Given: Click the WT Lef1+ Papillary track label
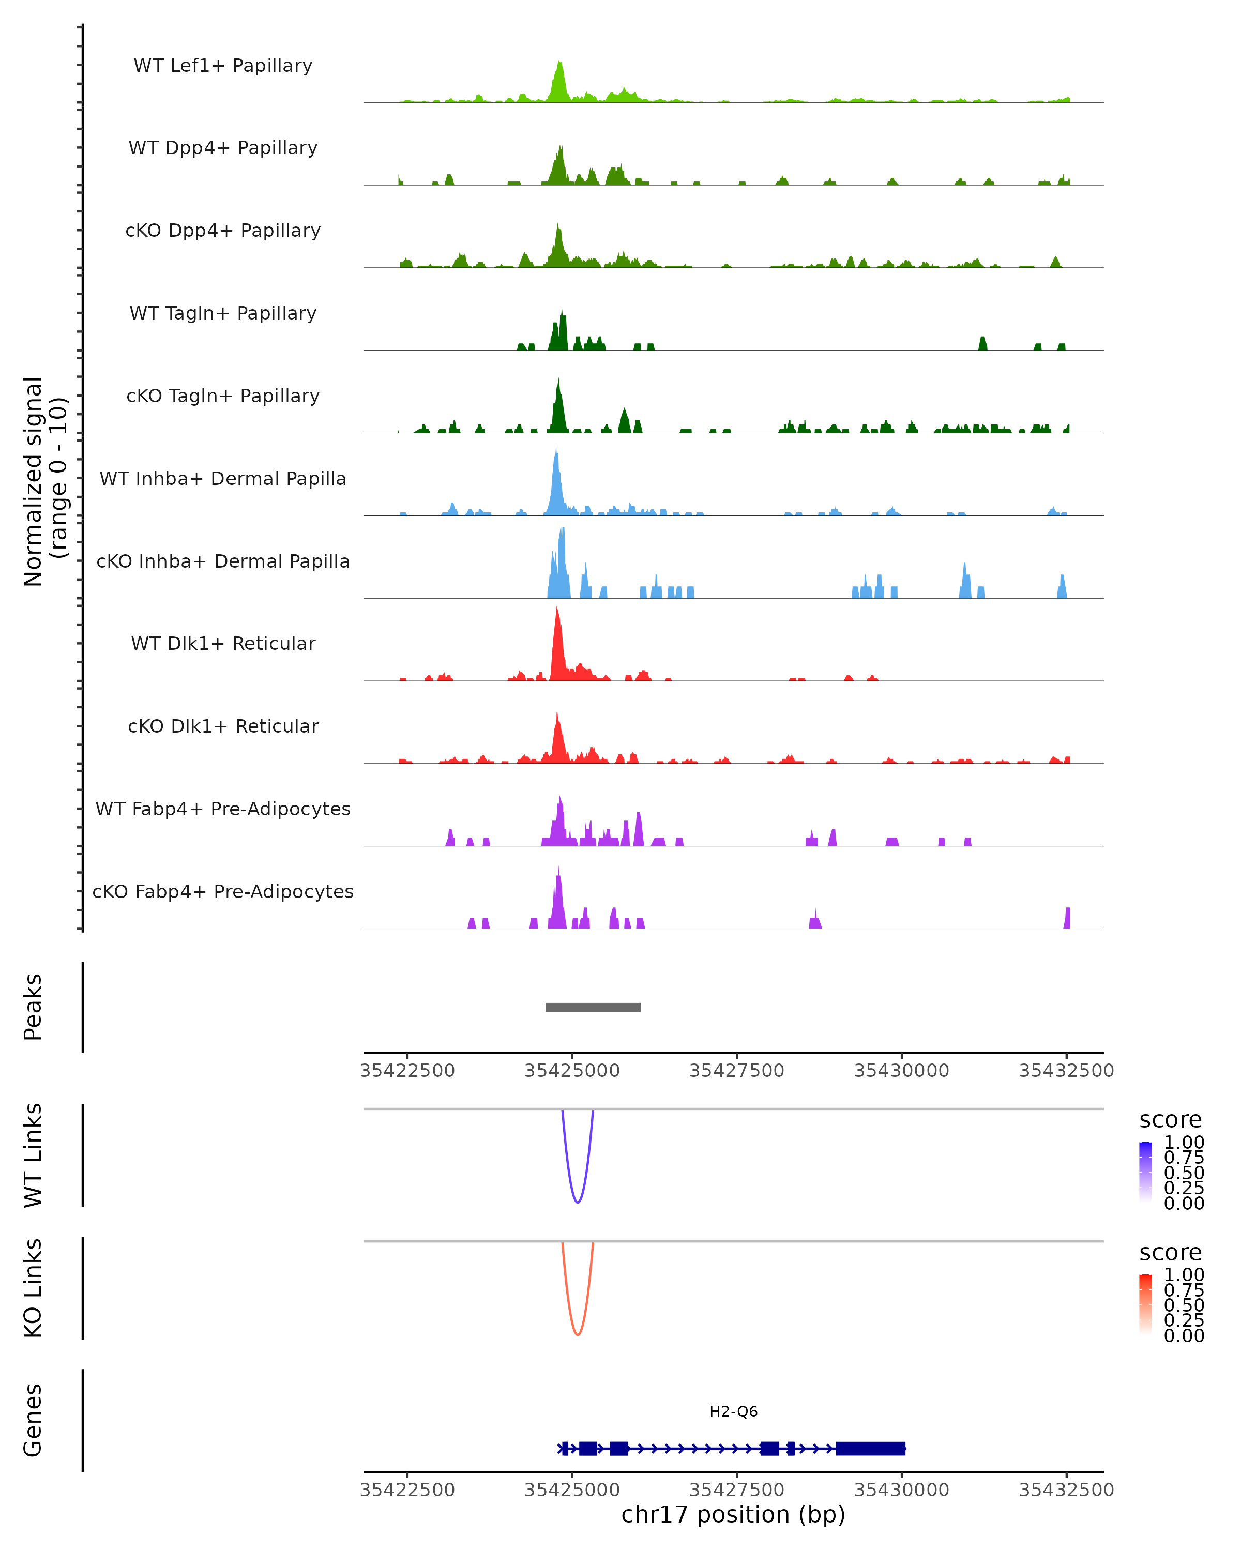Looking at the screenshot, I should [x=223, y=66].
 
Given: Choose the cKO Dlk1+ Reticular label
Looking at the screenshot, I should [x=223, y=726].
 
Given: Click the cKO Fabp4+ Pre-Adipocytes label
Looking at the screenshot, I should [x=223, y=891].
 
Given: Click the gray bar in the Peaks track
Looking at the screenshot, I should [x=593, y=1007].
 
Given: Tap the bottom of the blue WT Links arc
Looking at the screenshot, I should [x=577, y=1202].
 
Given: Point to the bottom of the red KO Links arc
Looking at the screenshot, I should [x=577, y=1334].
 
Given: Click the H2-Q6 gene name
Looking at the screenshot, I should [x=733, y=1411].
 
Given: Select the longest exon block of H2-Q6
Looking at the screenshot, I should [x=870, y=1448].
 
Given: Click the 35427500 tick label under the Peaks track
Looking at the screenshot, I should [x=737, y=1071].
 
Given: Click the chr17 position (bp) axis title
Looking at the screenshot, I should [x=733, y=1515].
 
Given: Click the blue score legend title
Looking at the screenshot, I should [x=1171, y=1119].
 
